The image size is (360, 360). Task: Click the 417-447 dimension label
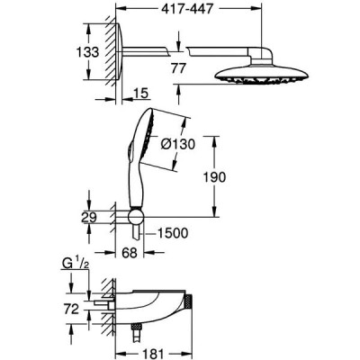coord(187,9)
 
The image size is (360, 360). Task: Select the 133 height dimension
coord(87,52)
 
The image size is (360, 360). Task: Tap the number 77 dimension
coord(178,68)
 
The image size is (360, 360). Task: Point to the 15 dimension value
coord(140,94)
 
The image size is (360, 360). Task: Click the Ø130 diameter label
coord(177,145)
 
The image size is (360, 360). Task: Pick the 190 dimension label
coord(214,177)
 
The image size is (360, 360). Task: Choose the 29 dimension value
coord(89,218)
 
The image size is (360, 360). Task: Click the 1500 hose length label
coord(173,233)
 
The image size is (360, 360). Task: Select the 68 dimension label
coord(130,253)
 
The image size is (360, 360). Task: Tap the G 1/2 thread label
coord(76,264)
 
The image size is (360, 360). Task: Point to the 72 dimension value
coord(70,309)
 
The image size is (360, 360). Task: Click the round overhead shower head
coord(262,76)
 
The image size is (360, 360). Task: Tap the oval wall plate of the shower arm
coord(119,51)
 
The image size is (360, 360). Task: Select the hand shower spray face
coord(149,137)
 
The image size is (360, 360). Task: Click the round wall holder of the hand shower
coord(136,217)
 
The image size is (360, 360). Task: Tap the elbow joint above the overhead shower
coord(261,55)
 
